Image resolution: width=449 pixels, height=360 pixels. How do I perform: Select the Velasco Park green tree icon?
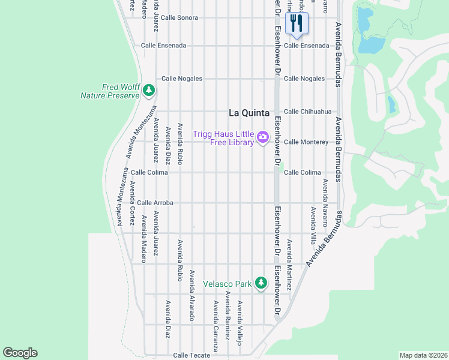[261, 283]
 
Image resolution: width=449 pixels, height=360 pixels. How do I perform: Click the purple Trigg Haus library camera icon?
[262, 138]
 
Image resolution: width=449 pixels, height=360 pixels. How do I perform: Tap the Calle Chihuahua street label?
[307, 112]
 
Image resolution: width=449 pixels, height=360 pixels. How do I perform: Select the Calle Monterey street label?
[306, 142]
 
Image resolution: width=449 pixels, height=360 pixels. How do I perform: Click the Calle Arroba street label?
[155, 203]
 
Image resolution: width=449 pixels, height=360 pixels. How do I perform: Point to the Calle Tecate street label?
[191, 355]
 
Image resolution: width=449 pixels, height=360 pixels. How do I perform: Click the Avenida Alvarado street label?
[192, 295]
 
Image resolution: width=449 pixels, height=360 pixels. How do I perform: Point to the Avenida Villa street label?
[313, 226]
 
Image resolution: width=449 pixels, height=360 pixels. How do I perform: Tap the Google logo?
[20, 353]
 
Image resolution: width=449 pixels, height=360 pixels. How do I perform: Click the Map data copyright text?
[423, 355]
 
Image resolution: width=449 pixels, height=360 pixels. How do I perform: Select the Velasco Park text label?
[228, 283]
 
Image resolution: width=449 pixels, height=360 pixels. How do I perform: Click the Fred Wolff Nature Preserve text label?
[109, 91]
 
